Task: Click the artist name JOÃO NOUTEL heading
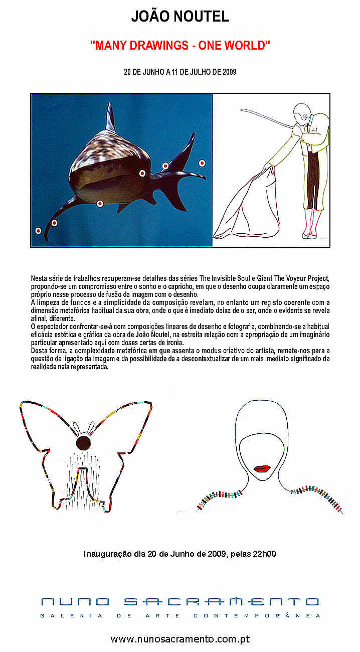(180, 17)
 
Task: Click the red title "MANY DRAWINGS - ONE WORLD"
(180, 45)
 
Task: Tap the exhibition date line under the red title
(180, 72)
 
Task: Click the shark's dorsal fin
(111, 118)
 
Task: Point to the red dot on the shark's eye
(142, 174)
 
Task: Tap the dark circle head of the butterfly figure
(83, 443)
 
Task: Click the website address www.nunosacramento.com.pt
(180, 639)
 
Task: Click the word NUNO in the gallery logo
(75, 602)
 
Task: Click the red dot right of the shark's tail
(202, 163)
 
